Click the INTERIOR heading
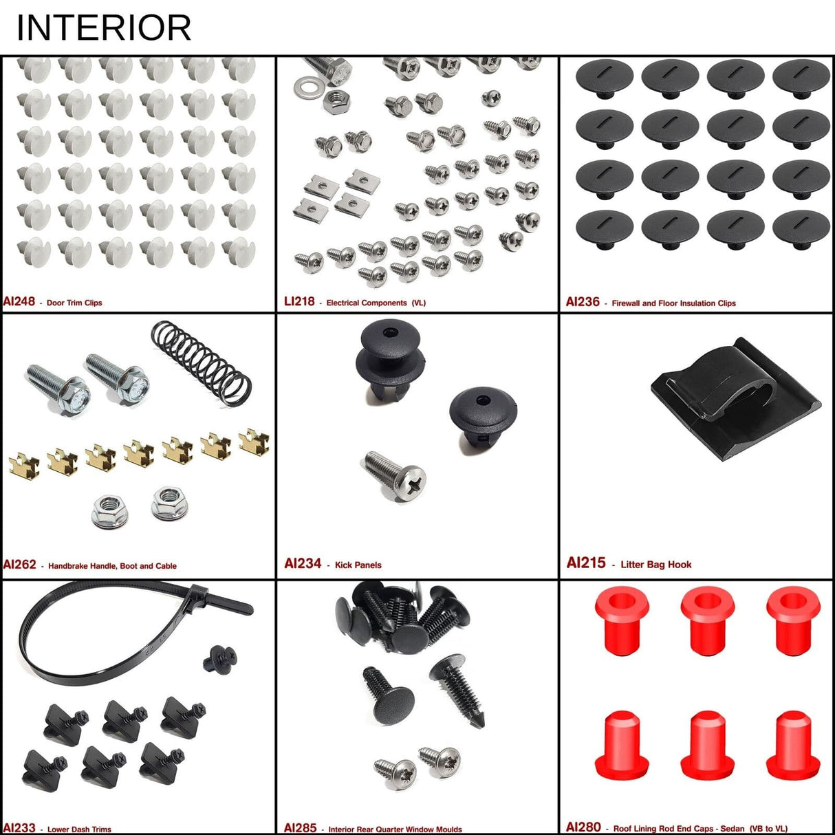[x=103, y=28]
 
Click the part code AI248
[x=19, y=301]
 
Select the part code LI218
[x=299, y=301]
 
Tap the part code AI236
[x=583, y=302]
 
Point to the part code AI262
[x=19, y=565]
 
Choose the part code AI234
[x=303, y=564]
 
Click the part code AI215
[x=586, y=563]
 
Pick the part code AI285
[x=300, y=828]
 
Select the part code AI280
[x=583, y=827]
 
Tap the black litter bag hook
[x=736, y=399]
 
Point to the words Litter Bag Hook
[x=655, y=565]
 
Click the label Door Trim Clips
[x=74, y=303]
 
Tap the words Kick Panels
[x=358, y=565]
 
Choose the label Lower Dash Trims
[x=79, y=829]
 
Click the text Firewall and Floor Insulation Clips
[x=673, y=303]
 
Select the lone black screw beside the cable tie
[x=221, y=658]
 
